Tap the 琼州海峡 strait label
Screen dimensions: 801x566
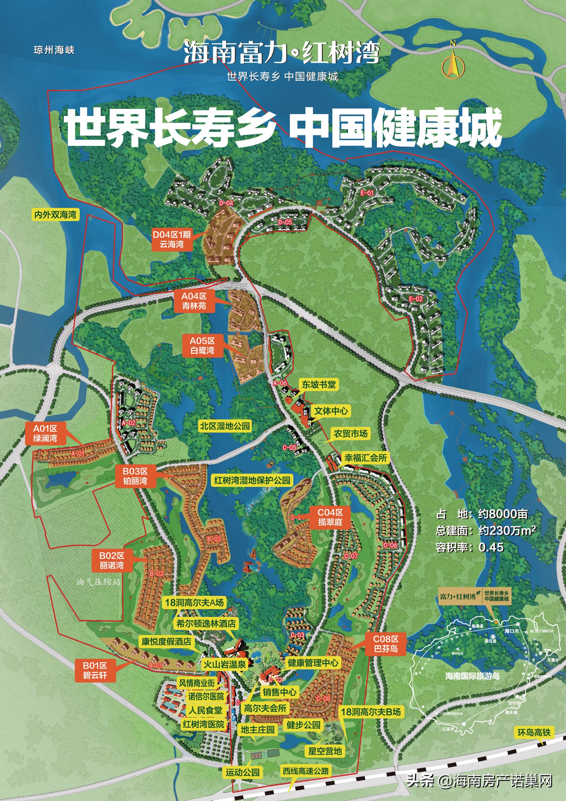(x=54, y=50)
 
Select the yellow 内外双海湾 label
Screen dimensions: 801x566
(x=55, y=214)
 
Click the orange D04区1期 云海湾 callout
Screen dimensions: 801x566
(x=172, y=239)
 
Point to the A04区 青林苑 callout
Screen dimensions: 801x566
(x=194, y=301)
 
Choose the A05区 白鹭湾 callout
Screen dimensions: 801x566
(x=202, y=345)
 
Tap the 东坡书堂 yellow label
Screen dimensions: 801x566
(x=318, y=384)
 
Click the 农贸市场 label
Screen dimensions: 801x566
(x=350, y=434)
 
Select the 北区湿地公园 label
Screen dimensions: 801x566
(x=225, y=426)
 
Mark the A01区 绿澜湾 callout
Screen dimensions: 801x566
(x=45, y=433)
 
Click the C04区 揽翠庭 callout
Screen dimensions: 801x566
(x=330, y=517)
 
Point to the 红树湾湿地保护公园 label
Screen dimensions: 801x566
(x=252, y=480)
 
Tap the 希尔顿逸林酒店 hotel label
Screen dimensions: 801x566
(x=206, y=623)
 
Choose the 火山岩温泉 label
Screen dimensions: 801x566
(x=225, y=665)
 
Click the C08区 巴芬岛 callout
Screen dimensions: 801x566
(x=386, y=644)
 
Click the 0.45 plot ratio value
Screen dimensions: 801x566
(x=491, y=547)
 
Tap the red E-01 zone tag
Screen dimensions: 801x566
(x=367, y=193)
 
